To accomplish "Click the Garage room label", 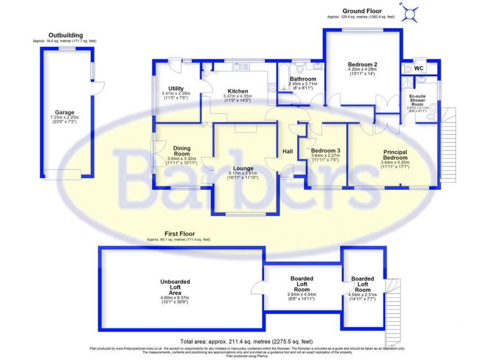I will (65, 112).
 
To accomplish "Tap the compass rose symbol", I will (411, 13).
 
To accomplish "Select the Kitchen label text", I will (238, 91).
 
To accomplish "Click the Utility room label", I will (172, 88).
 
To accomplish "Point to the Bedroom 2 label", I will (363, 64).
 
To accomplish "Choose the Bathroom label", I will (303, 79).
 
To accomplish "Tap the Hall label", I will (288, 152).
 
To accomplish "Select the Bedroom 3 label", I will (326, 151).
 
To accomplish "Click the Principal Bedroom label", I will (395, 155).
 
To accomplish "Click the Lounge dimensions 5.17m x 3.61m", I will (243, 173).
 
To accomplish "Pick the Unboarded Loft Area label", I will (175, 287).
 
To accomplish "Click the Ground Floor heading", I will (362, 11).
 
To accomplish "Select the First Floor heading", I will (179, 234).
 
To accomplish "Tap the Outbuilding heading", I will (66, 35).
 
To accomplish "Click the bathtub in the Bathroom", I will (283, 80).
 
